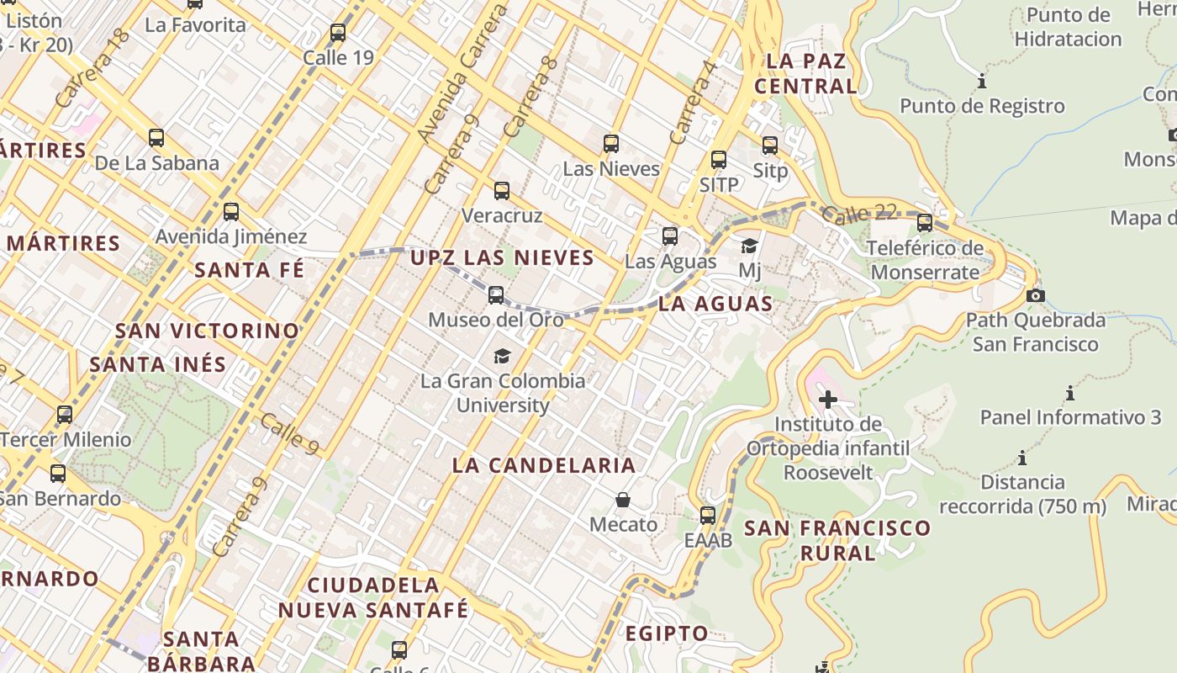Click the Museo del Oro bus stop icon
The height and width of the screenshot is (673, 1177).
pyautogui.click(x=496, y=295)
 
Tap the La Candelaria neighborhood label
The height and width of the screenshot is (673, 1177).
pyautogui.click(x=544, y=465)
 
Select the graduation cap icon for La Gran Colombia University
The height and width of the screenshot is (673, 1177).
pyautogui.click(x=502, y=356)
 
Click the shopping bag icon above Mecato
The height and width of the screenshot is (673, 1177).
pyautogui.click(x=623, y=500)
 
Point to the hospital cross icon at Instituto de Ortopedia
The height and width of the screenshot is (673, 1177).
pyautogui.click(x=828, y=400)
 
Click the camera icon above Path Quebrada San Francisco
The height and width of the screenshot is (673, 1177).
pyautogui.click(x=1036, y=295)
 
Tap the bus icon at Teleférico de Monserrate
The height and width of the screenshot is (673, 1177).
pyautogui.click(x=925, y=223)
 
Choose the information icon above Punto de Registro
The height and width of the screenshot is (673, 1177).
pyautogui.click(x=981, y=82)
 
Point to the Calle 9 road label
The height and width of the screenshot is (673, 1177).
pyautogui.click(x=289, y=433)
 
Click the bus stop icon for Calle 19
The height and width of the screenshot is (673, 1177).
pyautogui.click(x=338, y=33)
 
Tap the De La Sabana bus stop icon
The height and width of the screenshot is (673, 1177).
pyautogui.click(x=156, y=138)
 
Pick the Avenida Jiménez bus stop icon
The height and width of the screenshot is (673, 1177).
pyautogui.click(x=231, y=212)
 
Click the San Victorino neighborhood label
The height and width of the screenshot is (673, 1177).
pyautogui.click(x=207, y=331)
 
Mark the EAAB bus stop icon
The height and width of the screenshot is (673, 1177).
pyautogui.click(x=708, y=515)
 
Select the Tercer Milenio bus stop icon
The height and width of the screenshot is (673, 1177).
pyautogui.click(x=65, y=415)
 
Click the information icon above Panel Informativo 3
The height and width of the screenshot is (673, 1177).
pyautogui.click(x=1069, y=393)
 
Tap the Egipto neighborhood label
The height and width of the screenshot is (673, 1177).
pyautogui.click(x=667, y=633)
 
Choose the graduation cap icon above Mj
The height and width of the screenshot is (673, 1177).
pyautogui.click(x=749, y=246)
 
